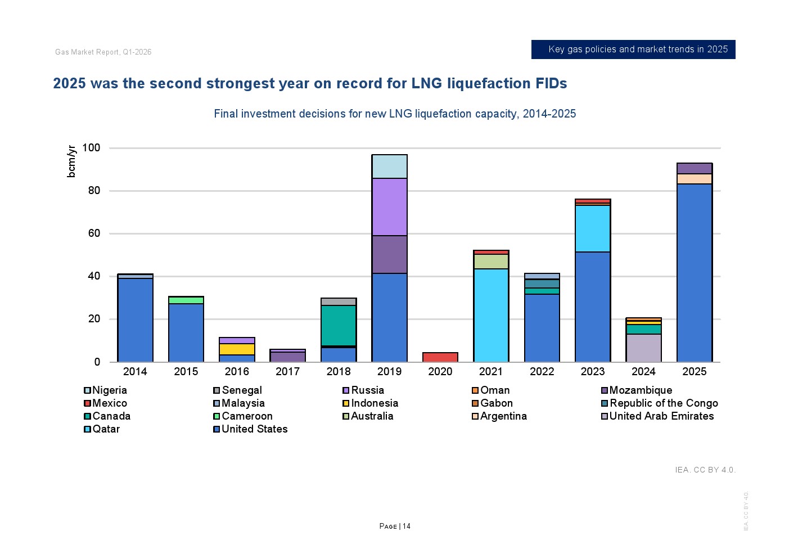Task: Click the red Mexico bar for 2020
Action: click(440, 357)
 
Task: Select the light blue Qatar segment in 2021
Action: click(491, 315)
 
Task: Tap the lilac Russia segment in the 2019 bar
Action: click(389, 206)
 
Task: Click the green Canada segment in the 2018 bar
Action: click(339, 325)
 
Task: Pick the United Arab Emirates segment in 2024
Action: click(643, 348)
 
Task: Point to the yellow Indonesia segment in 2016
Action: click(237, 349)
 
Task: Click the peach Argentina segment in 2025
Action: click(694, 179)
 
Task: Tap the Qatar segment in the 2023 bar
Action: click(593, 228)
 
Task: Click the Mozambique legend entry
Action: click(640, 390)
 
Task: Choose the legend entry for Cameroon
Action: click(246, 416)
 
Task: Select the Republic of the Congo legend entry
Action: click(663, 403)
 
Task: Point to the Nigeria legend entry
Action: click(109, 390)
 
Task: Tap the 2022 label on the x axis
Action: click(542, 371)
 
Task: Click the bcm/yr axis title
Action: click(71, 161)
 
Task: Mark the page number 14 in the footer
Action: click(406, 526)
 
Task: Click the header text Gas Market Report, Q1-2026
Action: click(103, 52)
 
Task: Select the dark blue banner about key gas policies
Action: click(633, 49)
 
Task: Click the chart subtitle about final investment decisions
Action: click(395, 114)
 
